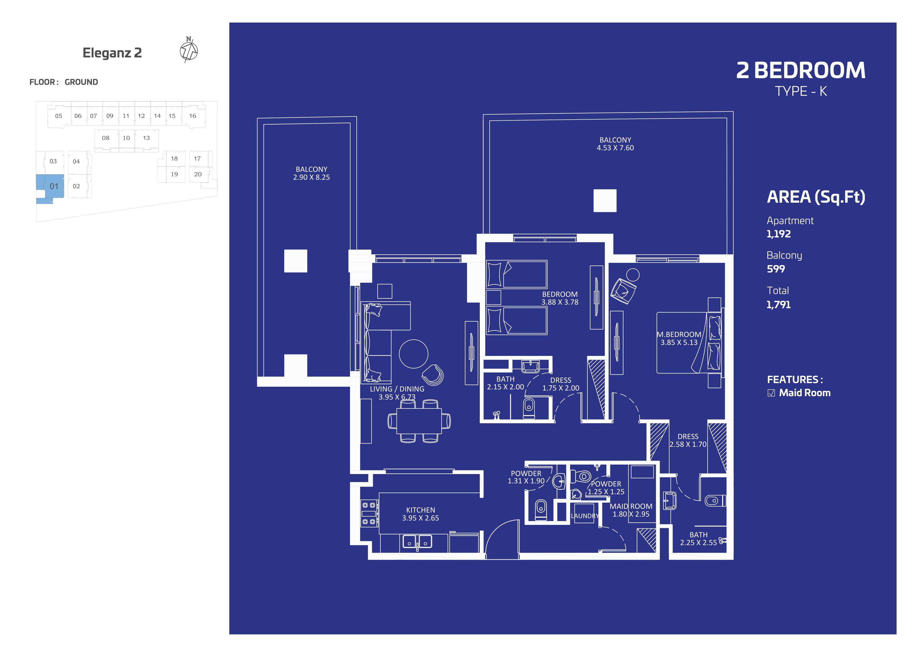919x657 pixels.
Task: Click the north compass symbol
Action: coord(189,50)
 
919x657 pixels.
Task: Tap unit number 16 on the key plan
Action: coord(193,116)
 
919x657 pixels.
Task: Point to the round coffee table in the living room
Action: coord(413,354)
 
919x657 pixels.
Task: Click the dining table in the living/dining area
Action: coord(419,421)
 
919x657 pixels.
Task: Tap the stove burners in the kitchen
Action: coord(369,513)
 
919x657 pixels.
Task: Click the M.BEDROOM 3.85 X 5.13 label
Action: coord(679,338)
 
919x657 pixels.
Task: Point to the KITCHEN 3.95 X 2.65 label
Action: coord(420,514)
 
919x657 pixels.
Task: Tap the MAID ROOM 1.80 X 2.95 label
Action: coord(631,510)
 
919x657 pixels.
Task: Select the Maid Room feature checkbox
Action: coord(771,393)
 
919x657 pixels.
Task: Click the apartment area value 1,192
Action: coord(778,234)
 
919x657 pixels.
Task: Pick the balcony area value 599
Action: coord(776,269)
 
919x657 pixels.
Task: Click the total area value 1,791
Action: coord(778,305)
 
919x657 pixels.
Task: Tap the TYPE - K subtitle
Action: coord(801,91)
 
